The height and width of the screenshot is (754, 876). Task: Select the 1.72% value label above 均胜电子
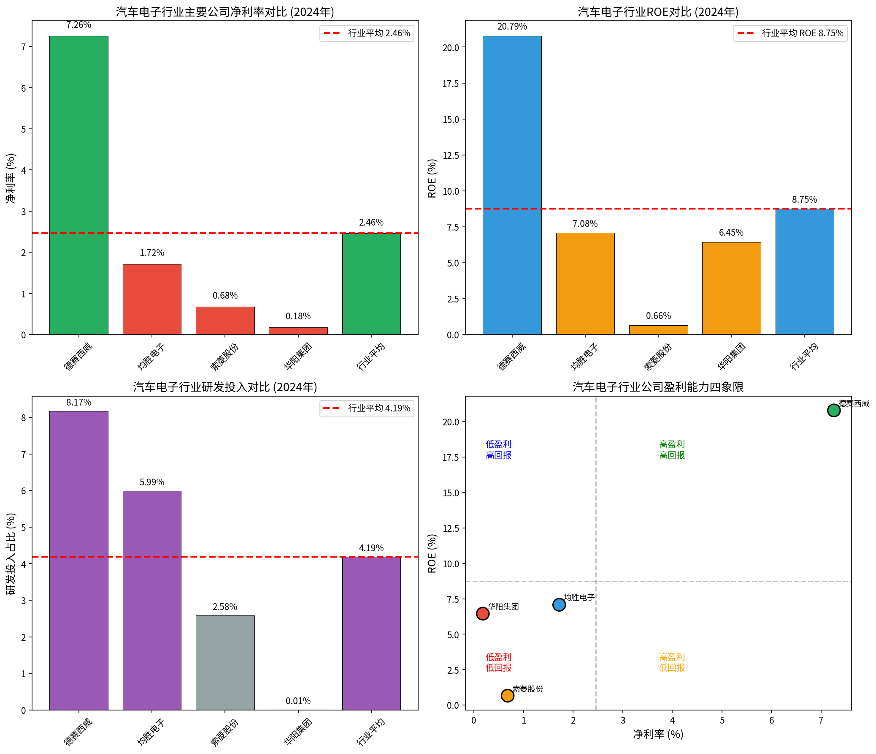pos(152,253)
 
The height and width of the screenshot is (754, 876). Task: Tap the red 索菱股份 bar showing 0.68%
pos(225,320)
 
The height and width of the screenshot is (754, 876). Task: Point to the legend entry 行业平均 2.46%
pos(367,33)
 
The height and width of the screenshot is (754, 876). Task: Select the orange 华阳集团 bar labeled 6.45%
pos(731,288)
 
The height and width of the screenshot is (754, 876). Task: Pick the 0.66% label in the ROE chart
pos(658,316)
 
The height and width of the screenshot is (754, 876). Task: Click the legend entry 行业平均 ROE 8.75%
pos(790,33)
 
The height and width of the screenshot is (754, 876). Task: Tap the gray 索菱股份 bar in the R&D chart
pos(225,662)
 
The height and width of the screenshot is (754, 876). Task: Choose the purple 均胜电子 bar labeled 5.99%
pos(152,600)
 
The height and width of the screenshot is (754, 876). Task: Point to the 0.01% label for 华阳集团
pos(298,701)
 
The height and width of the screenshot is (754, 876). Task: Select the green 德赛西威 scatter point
pos(833,410)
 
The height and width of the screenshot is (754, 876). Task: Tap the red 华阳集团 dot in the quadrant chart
pos(482,613)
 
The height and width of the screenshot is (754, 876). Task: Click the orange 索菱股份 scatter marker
pos(507,695)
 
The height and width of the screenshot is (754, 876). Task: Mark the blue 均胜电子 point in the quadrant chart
pos(559,604)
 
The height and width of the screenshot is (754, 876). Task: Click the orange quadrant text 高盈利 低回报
pos(672,662)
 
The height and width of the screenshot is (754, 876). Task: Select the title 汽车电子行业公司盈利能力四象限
pos(658,387)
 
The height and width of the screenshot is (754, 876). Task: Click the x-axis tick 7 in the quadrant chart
pos(821,720)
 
